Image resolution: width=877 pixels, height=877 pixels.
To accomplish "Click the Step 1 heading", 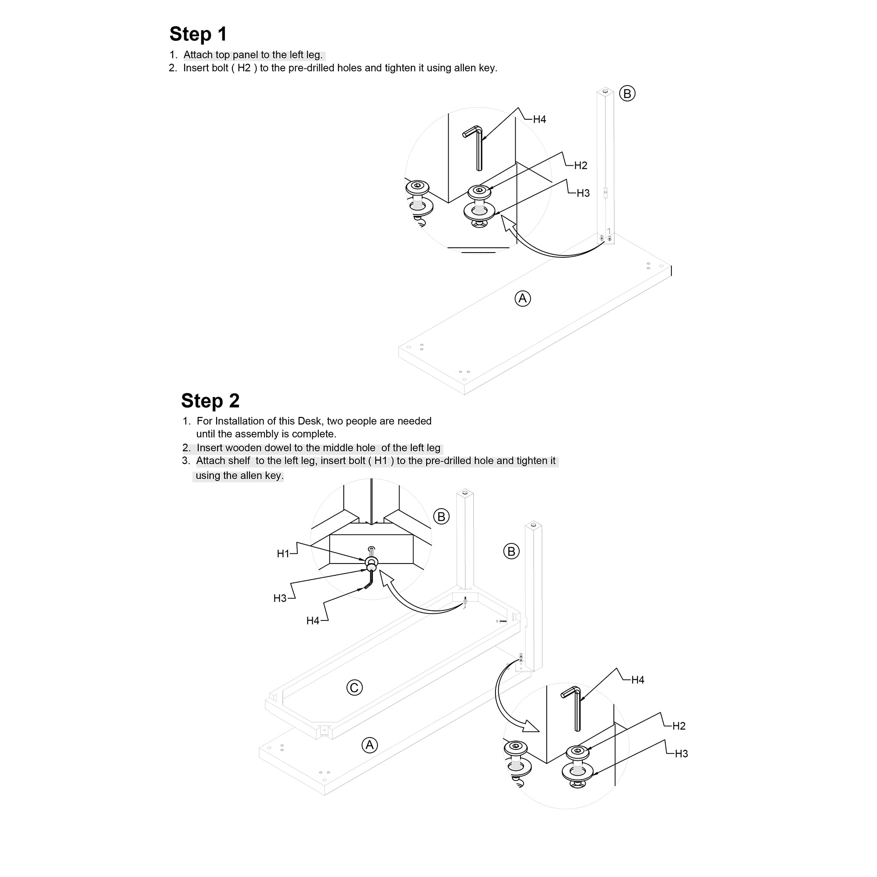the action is (198, 34).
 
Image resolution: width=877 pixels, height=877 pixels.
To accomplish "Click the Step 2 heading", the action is (210, 401).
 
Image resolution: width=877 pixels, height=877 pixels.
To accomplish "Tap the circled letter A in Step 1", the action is (523, 299).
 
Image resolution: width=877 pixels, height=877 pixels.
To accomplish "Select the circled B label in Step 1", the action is (627, 93).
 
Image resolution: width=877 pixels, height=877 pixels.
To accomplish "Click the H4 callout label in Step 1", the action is (539, 119).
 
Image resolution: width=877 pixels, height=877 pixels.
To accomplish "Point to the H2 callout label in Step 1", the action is (581, 166).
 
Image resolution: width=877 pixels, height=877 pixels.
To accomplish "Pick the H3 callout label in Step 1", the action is (583, 193).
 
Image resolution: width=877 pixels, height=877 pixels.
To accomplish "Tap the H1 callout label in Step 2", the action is (283, 554).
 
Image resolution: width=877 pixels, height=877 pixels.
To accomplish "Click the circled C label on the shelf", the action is (354, 688).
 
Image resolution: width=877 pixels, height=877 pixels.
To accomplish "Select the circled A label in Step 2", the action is (370, 745).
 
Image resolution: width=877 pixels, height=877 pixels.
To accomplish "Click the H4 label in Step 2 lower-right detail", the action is (638, 680).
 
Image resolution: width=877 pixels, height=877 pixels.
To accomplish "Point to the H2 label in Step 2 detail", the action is (679, 726).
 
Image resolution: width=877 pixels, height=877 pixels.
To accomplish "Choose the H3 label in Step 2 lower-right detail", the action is (681, 753).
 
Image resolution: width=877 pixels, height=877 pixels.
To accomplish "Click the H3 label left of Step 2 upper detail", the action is (280, 598).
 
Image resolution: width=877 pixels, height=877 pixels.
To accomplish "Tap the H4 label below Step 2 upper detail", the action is (313, 620).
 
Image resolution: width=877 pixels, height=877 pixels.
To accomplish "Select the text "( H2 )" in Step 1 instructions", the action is (244, 68).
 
